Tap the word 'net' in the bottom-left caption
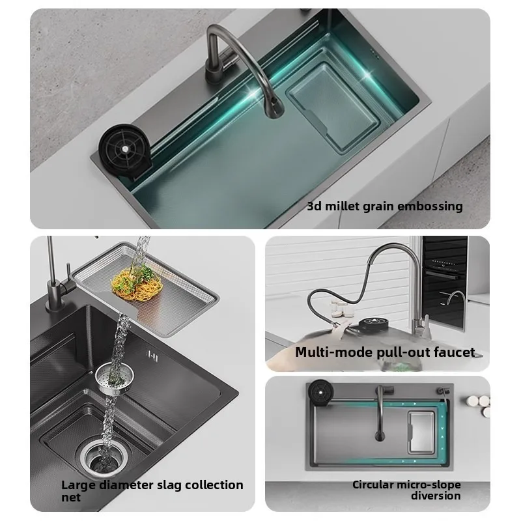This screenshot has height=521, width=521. pos(71,498)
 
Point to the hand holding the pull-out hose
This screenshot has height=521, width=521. pos(340,328)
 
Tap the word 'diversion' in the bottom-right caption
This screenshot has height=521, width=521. pos(436,496)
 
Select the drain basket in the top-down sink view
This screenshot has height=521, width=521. pos(421,432)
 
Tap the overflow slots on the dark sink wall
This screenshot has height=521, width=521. pos(152,356)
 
